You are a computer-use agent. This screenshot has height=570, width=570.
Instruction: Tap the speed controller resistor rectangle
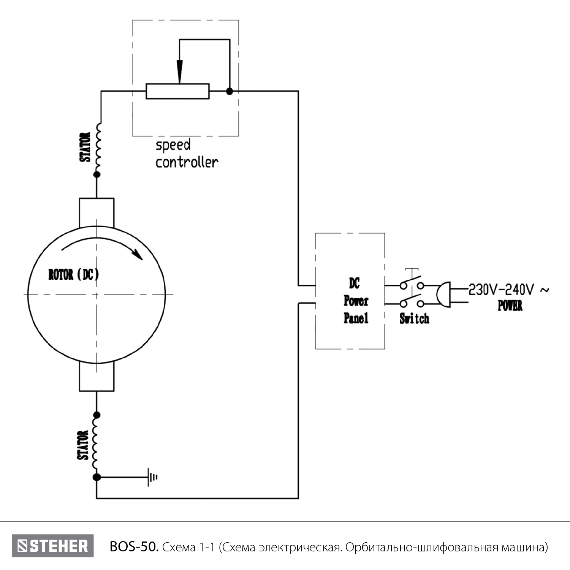pyautogui.click(x=177, y=91)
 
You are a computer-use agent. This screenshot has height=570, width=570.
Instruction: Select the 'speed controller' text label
pyautogui.click(x=186, y=154)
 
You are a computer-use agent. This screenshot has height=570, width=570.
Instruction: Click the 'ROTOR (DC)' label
pyautogui.click(x=73, y=274)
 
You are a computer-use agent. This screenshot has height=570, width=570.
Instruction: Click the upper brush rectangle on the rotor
pyautogui.click(x=97, y=213)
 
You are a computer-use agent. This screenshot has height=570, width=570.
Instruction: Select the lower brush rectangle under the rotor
pyautogui.click(x=97, y=376)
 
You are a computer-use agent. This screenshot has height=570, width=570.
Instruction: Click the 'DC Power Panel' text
pyautogui.click(x=356, y=301)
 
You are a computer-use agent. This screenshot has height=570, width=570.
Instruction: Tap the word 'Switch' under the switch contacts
pyautogui.click(x=414, y=318)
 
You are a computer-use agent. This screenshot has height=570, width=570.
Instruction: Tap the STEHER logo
pyautogui.click(x=52, y=546)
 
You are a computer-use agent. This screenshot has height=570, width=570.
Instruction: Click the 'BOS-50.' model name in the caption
pyautogui.click(x=134, y=547)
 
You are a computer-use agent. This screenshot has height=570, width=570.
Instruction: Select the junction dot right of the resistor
pyautogui.click(x=229, y=91)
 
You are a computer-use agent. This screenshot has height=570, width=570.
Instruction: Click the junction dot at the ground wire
pyautogui.click(x=97, y=477)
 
